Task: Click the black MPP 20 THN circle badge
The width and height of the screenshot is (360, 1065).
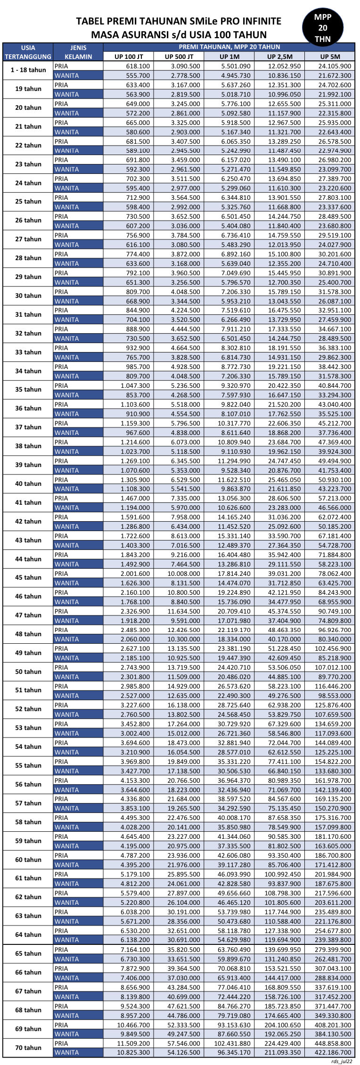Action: tap(323, 28)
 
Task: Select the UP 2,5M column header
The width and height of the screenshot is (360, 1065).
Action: tap(280, 57)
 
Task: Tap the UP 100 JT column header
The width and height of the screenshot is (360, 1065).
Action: tap(129, 57)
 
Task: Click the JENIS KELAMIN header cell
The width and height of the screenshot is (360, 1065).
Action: tap(78, 52)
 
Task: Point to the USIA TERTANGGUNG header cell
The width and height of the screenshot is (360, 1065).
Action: tap(28, 52)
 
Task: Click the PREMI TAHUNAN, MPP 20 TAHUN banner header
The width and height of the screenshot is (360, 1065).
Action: tap(229, 47)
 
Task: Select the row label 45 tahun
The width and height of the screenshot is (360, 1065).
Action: tap(28, 578)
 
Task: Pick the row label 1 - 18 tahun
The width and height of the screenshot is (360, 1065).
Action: tap(28, 70)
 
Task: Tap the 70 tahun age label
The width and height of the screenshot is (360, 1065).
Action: tap(28, 1048)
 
